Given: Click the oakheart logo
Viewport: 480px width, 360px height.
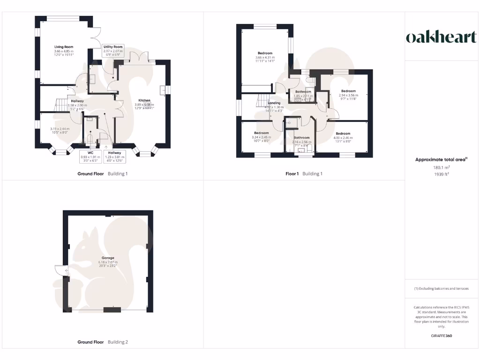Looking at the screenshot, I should (441, 37).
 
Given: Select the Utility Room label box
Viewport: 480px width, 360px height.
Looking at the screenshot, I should (112, 50).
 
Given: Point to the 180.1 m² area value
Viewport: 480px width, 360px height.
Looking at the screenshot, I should (441, 167).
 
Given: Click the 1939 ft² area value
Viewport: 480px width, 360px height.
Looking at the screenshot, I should (441, 174).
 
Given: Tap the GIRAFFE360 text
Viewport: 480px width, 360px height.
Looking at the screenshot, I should (441, 336).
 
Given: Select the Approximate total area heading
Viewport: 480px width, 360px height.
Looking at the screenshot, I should (441, 160).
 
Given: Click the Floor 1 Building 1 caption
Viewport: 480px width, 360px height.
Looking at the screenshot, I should (304, 174).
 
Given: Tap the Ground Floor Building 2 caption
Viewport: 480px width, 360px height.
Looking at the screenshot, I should (102, 342).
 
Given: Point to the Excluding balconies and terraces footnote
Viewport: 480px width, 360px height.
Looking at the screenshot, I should (441, 289).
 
